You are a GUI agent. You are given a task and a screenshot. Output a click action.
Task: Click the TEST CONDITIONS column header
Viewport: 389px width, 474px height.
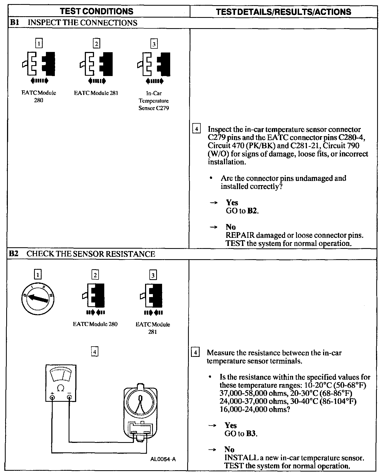96,11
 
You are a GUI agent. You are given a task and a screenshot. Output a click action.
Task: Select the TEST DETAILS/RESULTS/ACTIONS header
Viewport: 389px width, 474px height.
284,12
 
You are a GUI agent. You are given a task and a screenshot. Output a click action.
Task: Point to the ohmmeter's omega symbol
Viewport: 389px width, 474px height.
61,388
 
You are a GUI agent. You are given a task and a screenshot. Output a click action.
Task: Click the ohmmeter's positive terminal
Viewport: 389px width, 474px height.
52,397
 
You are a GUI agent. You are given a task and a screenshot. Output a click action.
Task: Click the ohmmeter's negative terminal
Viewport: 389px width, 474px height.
69,397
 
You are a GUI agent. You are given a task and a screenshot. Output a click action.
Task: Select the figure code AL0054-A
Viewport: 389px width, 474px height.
163,459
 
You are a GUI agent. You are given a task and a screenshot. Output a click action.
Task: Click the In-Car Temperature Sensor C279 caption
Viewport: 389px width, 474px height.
154,101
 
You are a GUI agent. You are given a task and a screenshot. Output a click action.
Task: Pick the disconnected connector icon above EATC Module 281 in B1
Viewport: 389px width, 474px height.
96,64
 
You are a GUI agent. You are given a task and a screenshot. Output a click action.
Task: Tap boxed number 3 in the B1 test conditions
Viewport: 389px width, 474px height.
154,44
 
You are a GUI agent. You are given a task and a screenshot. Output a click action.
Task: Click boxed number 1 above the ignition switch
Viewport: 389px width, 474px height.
38,275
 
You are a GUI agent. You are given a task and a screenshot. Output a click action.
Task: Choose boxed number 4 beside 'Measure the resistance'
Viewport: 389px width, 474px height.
195,353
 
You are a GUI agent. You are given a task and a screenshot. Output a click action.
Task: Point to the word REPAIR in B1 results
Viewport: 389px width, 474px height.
240,235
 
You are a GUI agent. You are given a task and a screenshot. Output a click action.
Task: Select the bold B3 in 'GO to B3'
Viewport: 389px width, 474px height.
251,433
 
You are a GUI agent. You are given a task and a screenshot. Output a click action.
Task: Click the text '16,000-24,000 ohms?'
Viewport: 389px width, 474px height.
255,409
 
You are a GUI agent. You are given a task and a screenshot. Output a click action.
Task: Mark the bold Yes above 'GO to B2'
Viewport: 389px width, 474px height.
232,203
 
